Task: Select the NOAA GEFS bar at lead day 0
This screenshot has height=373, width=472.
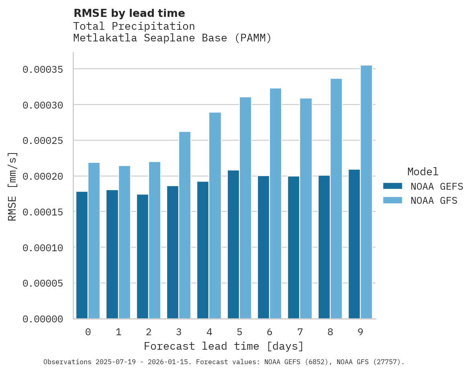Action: point(82,255)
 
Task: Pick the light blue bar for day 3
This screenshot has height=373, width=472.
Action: point(185,225)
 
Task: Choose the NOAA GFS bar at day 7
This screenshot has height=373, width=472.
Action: point(306,209)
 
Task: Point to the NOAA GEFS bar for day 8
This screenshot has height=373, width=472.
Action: point(324,247)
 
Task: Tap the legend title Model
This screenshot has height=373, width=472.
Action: point(423,172)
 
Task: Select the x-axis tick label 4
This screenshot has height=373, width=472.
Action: point(209,332)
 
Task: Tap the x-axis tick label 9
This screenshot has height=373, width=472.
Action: point(360,332)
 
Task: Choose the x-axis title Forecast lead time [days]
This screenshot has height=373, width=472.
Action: point(224,346)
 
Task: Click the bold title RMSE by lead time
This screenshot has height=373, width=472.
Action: point(129,13)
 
